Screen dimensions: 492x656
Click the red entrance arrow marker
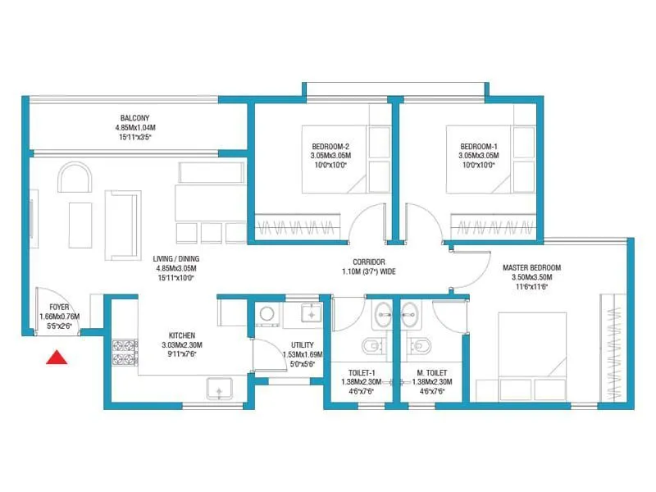click(x=56, y=357)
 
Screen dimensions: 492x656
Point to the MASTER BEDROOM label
click(x=532, y=268)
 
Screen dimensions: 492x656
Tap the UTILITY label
click(x=303, y=344)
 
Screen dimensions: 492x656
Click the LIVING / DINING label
click(x=176, y=258)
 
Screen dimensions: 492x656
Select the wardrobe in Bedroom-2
click(x=295, y=225)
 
